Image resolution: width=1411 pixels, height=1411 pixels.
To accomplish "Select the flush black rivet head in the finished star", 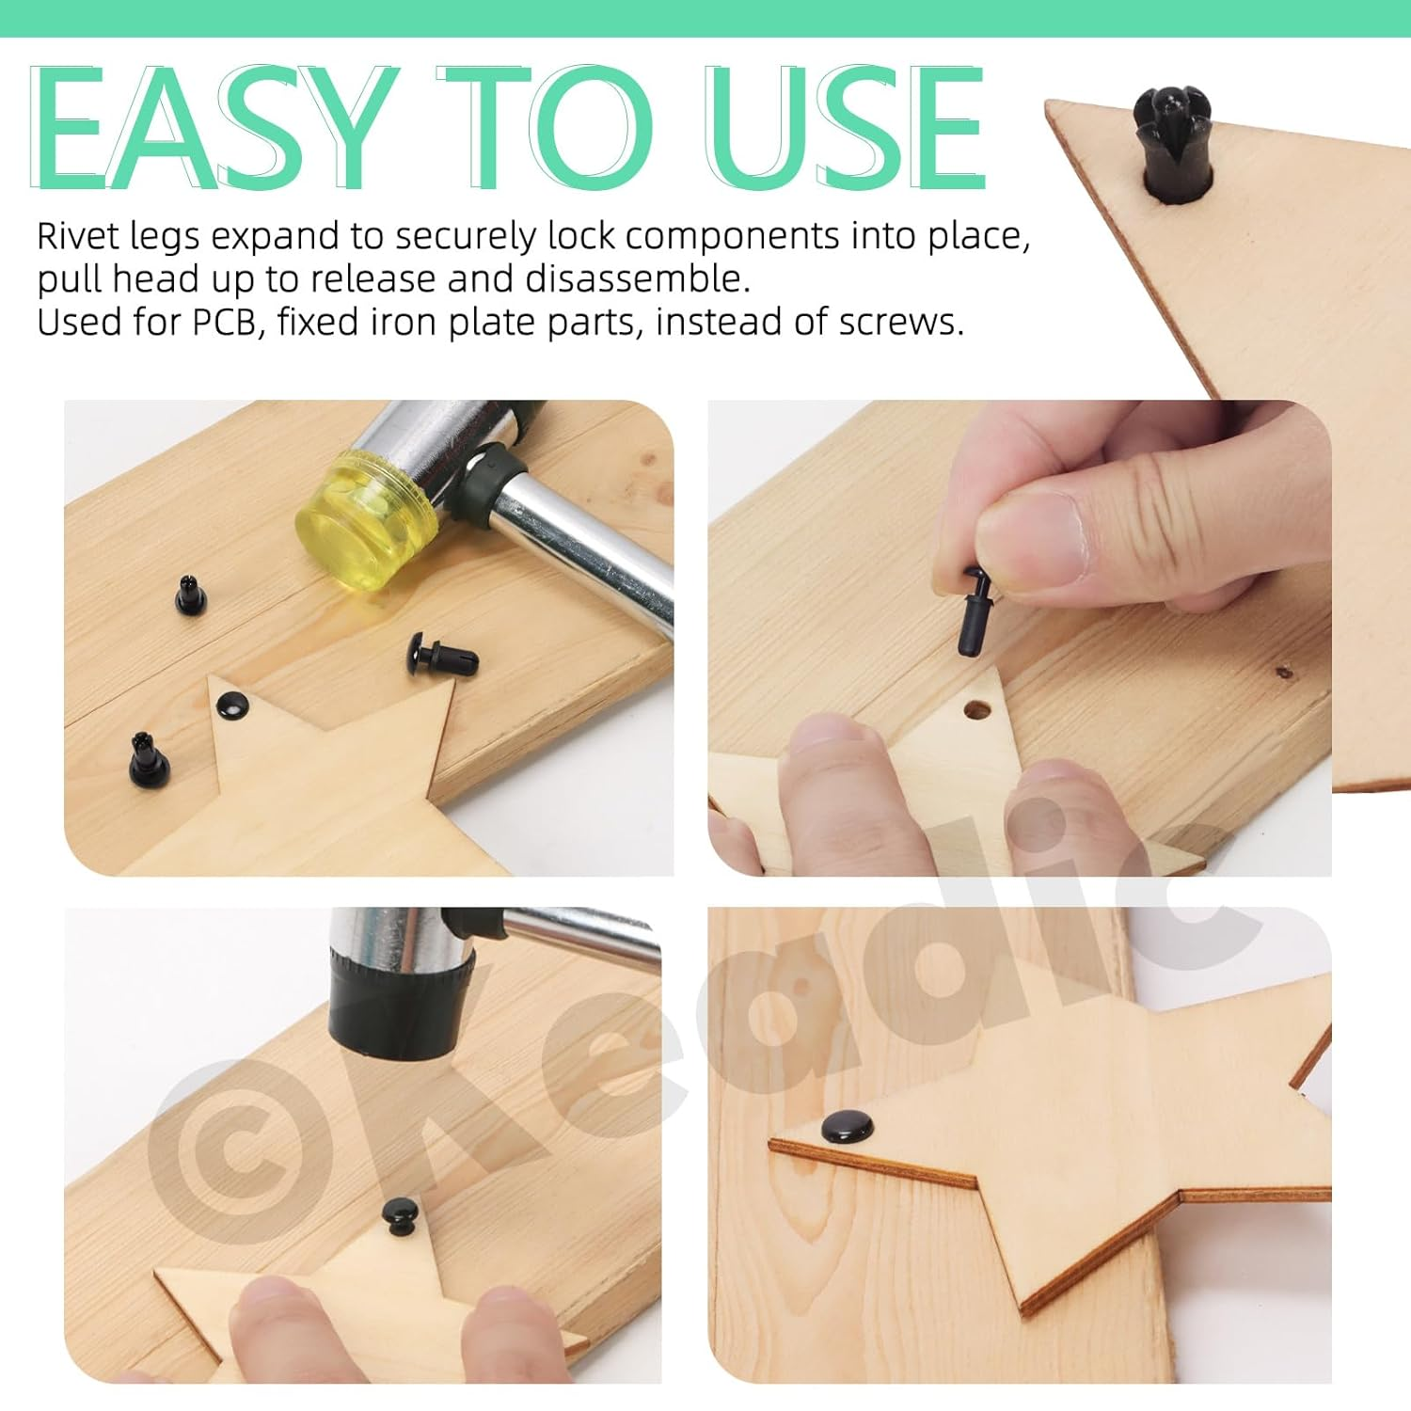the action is pos(848,1127).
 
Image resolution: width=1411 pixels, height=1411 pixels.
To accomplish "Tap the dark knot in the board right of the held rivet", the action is pos(1283,673).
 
